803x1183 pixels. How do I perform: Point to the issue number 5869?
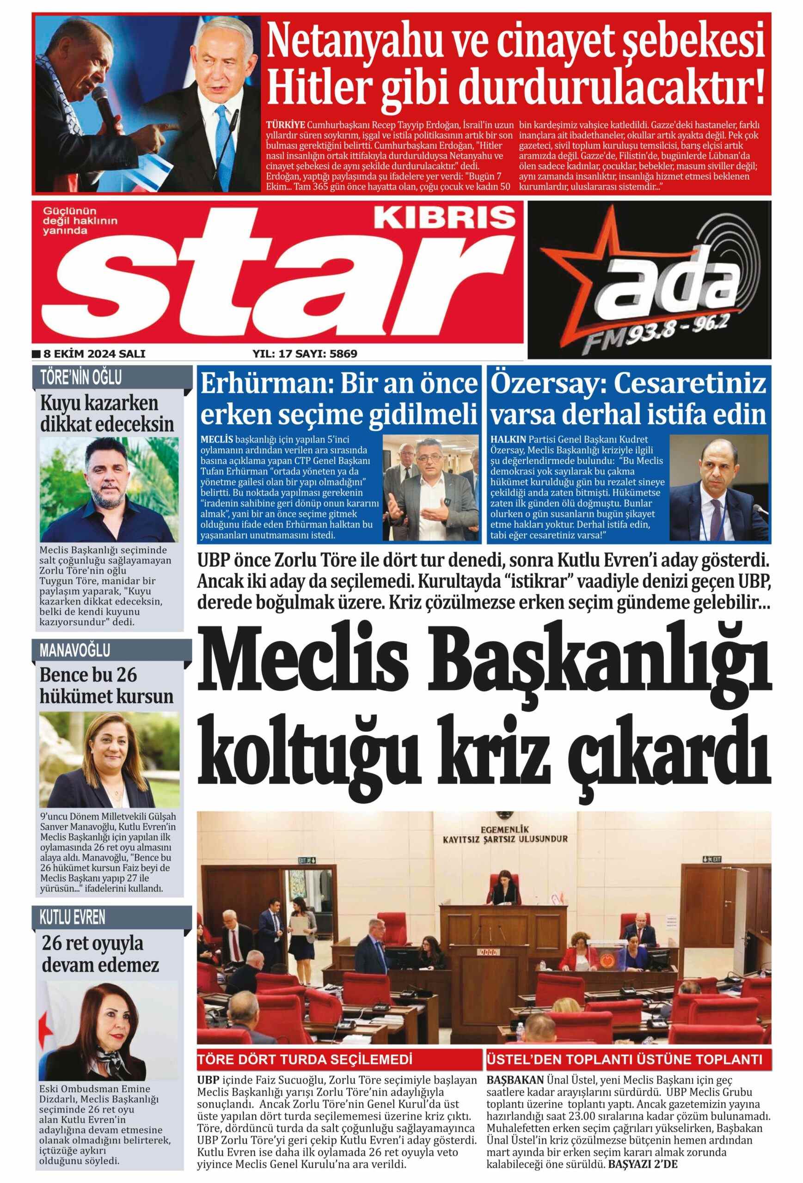click(343, 353)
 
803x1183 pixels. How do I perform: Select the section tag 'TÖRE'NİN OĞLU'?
click(81, 378)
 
